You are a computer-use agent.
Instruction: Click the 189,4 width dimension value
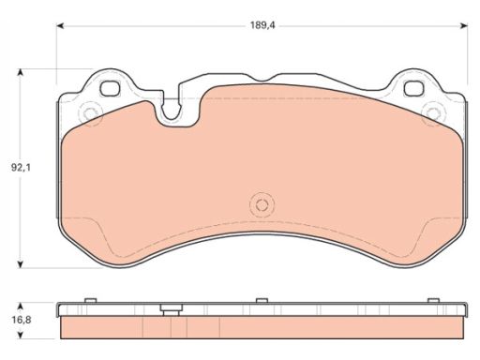pos(262,25)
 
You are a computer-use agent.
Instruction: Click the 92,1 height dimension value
pos(22,168)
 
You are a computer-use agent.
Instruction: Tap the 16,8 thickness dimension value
pos(22,320)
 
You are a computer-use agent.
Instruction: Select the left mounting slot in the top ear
pos(110,88)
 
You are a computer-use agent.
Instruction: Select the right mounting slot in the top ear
pos(414,88)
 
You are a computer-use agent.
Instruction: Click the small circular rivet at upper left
pos(91,112)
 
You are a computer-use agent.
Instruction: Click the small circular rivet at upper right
pos(433,113)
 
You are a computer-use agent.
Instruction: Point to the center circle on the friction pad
pos(262,205)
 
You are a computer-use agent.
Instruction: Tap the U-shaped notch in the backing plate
pos(171,110)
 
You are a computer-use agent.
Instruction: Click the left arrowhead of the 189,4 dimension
pos(60,25)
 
